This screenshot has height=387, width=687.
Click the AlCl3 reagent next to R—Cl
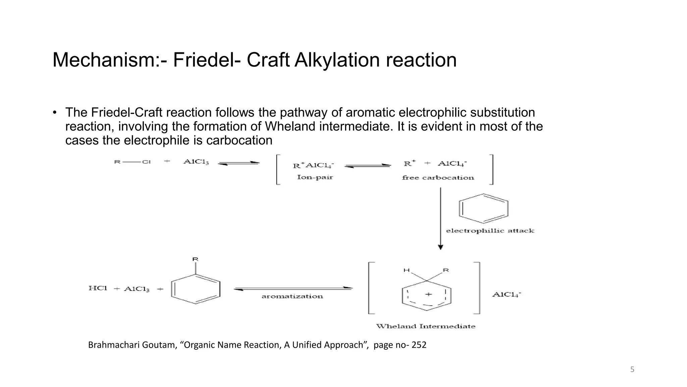pyautogui.click(x=196, y=162)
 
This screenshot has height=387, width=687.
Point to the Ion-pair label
pyautogui.click(x=315, y=177)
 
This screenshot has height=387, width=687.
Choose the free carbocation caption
pyautogui.click(x=438, y=178)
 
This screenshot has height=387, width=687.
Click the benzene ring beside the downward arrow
pyautogui.click(x=483, y=208)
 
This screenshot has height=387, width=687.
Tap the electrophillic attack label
pyautogui.click(x=490, y=231)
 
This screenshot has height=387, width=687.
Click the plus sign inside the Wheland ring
pyautogui.click(x=428, y=294)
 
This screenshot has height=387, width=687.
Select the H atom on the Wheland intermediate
pyautogui.click(x=407, y=270)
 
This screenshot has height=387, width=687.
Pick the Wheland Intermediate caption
pyautogui.click(x=425, y=326)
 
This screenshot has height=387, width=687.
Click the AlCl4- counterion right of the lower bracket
pyautogui.click(x=507, y=295)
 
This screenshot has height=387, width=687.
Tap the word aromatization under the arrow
pyautogui.click(x=292, y=296)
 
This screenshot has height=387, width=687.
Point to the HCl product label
pyautogui.click(x=98, y=288)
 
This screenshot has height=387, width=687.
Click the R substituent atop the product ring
pyautogui.click(x=195, y=259)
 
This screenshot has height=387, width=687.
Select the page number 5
pyautogui.click(x=632, y=370)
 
